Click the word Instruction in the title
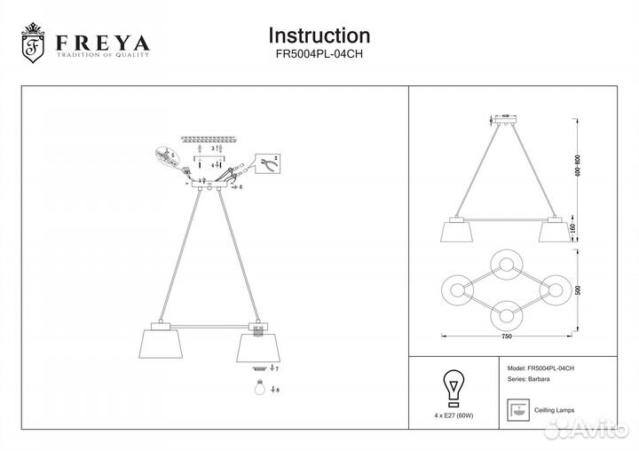[319, 36]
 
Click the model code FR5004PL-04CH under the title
[319, 54]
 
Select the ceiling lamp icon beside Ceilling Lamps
[515, 409]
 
